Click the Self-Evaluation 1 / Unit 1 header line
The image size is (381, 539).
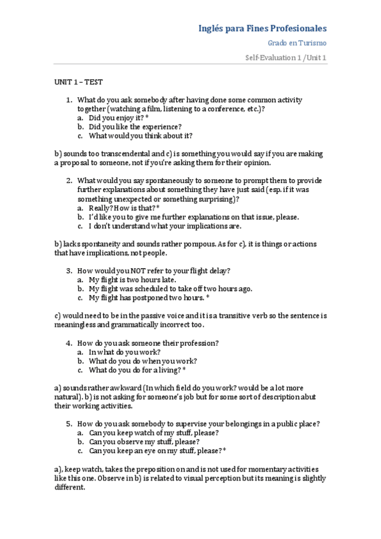[x=286, y=58]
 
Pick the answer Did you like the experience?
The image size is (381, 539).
[x=135, y=126]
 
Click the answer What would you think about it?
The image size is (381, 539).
[x=141, y=135]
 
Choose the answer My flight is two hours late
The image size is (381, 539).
[x=132, y=280]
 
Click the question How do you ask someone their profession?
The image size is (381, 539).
[x=148, y=343]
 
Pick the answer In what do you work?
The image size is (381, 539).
[x=125, y=351]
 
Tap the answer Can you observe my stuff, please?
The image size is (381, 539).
[x=144, y=441]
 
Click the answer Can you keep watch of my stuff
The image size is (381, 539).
[x=154, y=432]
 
